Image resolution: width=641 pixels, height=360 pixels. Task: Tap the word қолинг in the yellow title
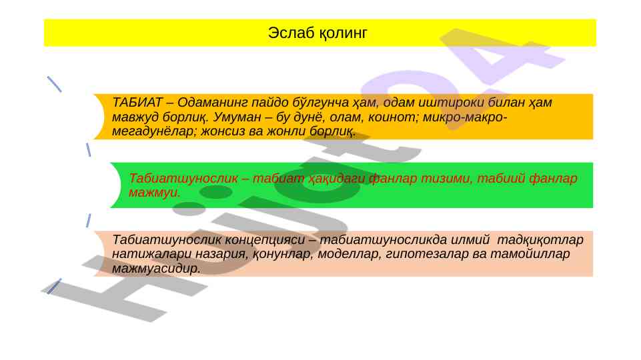point(343,33)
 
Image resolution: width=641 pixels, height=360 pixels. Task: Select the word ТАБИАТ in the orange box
point(137,102)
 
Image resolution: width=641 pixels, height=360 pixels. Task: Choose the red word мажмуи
point(154,193)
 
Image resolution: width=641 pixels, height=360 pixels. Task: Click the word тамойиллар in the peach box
point(530,254)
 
